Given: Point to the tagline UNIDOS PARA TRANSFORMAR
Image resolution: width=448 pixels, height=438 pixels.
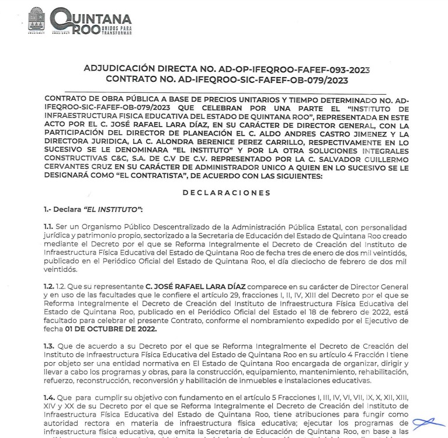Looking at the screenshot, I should (x=116, y=30).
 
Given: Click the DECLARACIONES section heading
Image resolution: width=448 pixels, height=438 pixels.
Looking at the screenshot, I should (x=226, y=193).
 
